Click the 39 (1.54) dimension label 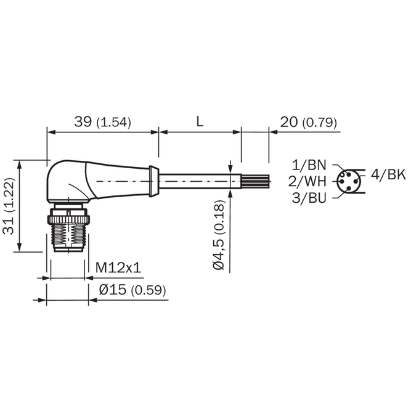click(103, 122)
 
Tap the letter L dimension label click(200, 121)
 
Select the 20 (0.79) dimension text click(308, 122)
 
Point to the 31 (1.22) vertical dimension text click(9, 206)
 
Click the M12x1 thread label click(118, 267)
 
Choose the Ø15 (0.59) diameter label click(132, 290)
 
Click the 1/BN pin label click(309, 165)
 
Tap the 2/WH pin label click(307, 181)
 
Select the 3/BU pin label click(309, 198)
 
